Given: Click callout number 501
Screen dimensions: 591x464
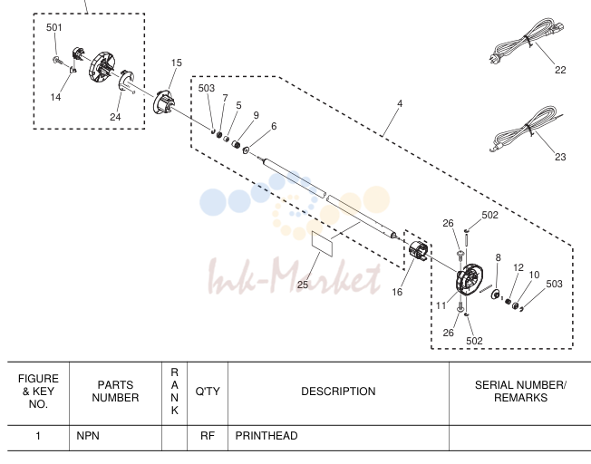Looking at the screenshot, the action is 53,27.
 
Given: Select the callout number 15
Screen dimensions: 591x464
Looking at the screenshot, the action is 177,63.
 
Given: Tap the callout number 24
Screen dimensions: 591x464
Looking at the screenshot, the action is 115,117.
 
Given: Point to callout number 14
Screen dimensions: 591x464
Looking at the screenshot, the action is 55,97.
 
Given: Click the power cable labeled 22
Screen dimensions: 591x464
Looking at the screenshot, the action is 526,42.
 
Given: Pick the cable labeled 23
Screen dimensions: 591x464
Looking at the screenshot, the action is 526,129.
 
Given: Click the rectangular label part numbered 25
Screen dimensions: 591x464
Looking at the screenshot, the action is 323,244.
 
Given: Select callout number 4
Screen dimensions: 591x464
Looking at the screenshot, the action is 400,103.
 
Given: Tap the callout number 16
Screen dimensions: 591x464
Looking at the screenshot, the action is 397,292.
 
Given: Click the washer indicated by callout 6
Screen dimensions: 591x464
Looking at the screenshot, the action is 247,150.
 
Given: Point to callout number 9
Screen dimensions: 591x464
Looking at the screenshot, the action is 257,115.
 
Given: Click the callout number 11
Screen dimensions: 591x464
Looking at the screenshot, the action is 441,305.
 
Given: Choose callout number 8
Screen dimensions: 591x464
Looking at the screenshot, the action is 498,257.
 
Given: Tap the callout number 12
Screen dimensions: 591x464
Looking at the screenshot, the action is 518,267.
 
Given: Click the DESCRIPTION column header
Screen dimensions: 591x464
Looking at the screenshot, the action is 338,391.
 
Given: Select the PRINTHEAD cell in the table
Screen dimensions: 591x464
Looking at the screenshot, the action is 266,436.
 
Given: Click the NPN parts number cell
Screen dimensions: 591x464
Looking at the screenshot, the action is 88,436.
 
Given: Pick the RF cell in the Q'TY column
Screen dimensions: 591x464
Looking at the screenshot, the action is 208,436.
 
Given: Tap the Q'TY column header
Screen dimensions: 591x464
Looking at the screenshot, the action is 208,391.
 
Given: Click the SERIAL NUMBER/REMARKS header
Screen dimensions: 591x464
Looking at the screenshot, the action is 520,391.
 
